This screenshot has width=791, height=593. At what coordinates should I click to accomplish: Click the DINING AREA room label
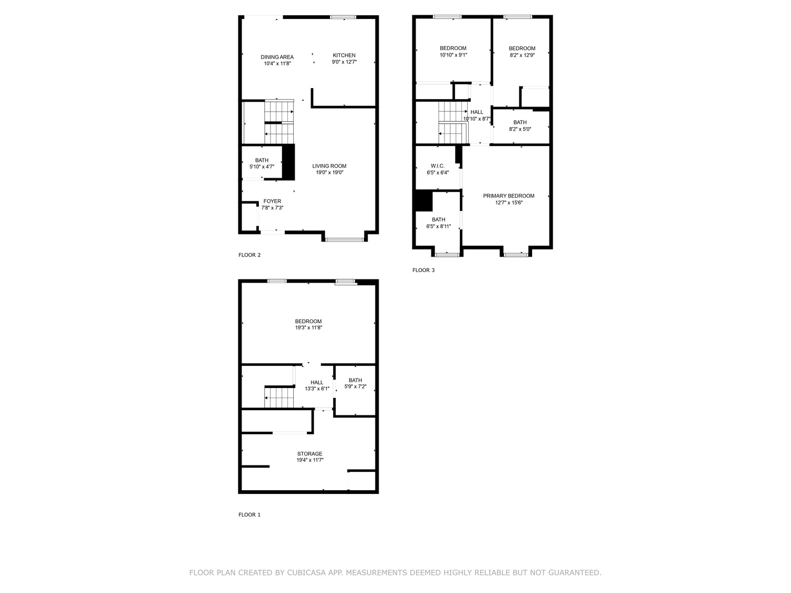pyautogui.click(x=277, y=57)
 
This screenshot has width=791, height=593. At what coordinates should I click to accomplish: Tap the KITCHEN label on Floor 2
pyautogui.click(x=344, y=55)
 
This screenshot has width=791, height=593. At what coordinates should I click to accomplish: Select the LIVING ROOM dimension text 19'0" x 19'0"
pyautogui.click(x=330, y=172)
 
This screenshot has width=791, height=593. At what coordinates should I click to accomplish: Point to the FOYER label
pyautogui.click(x=272, y=201)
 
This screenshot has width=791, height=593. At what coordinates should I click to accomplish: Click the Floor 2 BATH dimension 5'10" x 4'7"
pyautogui.click(x=262, y=167)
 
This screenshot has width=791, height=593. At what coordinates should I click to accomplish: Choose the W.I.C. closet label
pyautogui.click(x=438, y=166)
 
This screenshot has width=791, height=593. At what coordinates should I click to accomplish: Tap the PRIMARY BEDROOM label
pyautogui.click(x=508, y=196)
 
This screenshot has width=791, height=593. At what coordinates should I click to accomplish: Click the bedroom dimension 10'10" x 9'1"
pyautogui.click(x=454, y=55)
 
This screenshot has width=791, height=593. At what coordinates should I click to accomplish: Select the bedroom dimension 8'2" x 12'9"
pyautogui.click(x=522, y=55)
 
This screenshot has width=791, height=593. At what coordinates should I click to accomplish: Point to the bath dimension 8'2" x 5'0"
pyautogui.click(x=520, y=129)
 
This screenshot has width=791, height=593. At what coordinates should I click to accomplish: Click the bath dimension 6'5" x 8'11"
pyautogui.click(x=439, y=227)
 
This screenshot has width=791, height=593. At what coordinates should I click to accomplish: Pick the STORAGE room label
pyautogui.click(x=310, y=454)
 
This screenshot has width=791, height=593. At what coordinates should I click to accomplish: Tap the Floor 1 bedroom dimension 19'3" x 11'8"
pyautogui.click(x=308, y=328)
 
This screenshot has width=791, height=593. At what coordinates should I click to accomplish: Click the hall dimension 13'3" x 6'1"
pyautogui.click(x=317, y=389)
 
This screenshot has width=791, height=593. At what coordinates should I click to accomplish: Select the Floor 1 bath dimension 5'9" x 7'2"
pyautogui.click(x=355, y=387)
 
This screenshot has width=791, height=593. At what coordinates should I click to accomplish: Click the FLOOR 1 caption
pyautogui.click(x=249, y=515)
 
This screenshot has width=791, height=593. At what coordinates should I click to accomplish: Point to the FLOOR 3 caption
pyautogui.click(x=423, y=270)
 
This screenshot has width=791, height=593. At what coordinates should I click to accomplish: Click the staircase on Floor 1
pyautogui.click(x=279, y=397)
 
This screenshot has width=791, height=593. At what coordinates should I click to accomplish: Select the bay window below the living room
pyautogui.click(x=344, y=239)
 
